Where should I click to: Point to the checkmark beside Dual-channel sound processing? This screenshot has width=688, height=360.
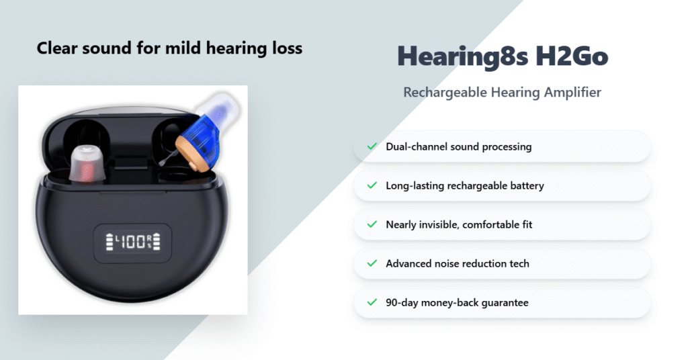[371, 146]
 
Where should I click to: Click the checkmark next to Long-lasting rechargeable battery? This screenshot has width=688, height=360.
[371, 185]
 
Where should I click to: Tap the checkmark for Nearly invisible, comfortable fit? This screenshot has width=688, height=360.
[371, 224]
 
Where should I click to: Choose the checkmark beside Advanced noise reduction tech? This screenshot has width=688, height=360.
[371, 263]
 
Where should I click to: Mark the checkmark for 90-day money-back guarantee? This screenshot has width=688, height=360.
[371, 302]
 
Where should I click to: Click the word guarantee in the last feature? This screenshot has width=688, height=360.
[504, 302]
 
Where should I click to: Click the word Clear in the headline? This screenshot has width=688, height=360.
[54, 48]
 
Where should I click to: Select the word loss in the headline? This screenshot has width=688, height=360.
[289, 48]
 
